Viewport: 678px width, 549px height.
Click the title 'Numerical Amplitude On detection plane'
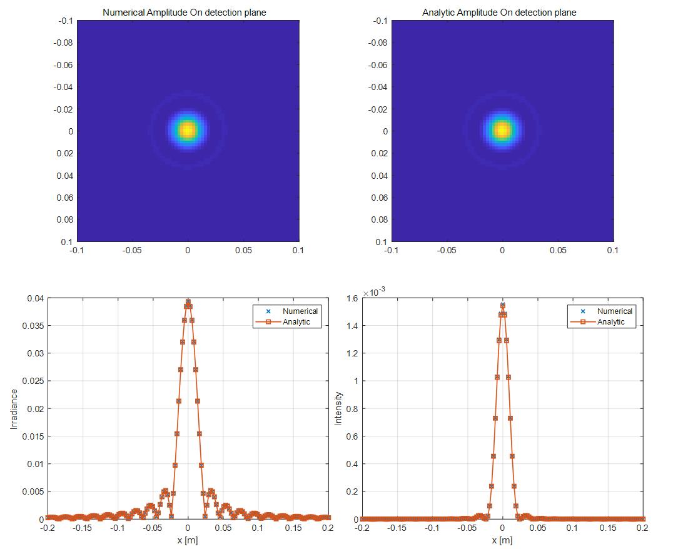click(184, 13)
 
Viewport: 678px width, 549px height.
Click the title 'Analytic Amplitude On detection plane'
click(499, 13)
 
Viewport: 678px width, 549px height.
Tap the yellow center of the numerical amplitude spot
click(188, 130)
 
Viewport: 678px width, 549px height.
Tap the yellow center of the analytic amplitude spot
click(502, 130)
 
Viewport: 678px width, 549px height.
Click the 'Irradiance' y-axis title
click(14, 408)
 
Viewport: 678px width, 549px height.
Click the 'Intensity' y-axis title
click(338, 408)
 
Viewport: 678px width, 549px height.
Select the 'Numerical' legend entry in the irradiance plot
click(300, 311)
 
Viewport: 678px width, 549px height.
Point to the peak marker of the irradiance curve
click(188, 301)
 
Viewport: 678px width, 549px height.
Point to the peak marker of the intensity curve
click(502, 306)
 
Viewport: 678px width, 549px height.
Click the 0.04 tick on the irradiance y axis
click(35, 298)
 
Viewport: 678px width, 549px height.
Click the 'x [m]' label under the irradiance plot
click(187, 540)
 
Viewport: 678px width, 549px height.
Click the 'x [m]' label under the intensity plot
click(502, 540)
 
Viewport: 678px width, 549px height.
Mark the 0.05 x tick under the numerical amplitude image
click(243, 250)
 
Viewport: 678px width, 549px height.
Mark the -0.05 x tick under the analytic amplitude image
click(446, 250)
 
